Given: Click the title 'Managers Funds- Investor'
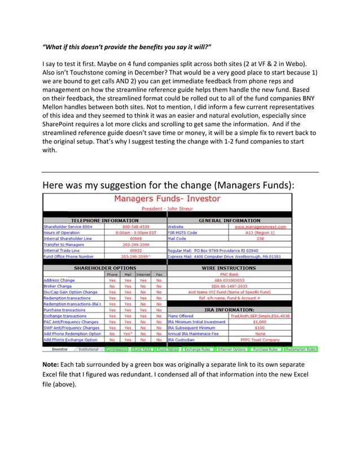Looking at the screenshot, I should (x=167, y=199).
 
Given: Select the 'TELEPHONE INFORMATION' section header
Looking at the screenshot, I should (x=104, y=220).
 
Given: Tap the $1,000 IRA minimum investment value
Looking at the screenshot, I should (x=260, y=322).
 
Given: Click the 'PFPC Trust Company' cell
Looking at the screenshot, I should (x=260, y=340).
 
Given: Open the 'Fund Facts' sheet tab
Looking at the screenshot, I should (x=143, y=349).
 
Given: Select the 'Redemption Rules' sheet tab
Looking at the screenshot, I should (x=300, y=349).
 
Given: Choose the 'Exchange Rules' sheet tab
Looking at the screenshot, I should (x=197, y=349).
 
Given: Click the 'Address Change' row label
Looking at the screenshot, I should (x=59, y=280).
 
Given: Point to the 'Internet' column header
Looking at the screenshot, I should (x=143, y=274).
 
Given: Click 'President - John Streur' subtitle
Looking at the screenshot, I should (x=167, y=208).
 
